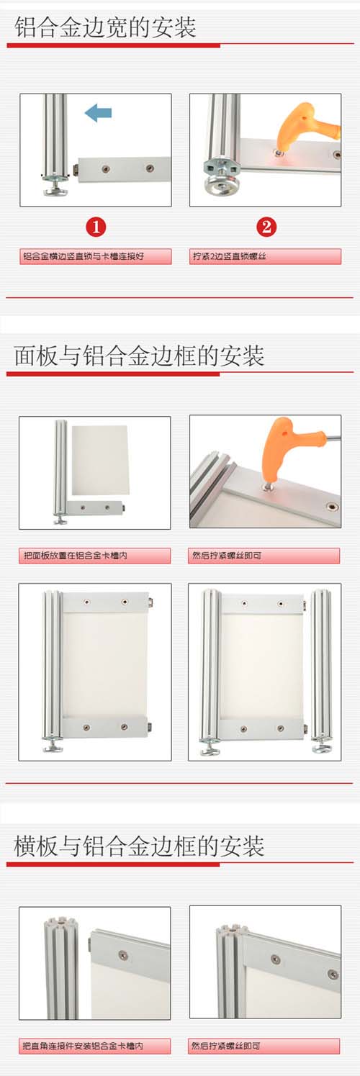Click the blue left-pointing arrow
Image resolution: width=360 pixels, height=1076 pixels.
click(x=98, y=112)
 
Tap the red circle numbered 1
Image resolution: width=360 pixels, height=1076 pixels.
click(x=96, y=227)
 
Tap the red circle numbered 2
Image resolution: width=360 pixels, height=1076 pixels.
click(x=266, y=227)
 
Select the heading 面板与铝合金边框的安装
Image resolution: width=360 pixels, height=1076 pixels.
click(x=140, y=356)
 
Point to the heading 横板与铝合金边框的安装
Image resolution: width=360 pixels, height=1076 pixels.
click(x=140, y=846)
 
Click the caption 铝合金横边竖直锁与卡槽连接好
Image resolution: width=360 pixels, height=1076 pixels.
click(x=95, y=256)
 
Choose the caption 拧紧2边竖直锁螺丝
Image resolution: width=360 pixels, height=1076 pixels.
click(x=265, y=256)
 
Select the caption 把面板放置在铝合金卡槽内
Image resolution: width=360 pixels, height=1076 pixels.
click(x=95, y=556)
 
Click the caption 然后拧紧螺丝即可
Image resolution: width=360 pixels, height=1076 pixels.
click(x=265, y=556)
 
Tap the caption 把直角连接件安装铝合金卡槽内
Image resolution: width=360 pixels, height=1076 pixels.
click(x=95, y=1046)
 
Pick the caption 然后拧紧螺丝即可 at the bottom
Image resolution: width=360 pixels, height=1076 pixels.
click(x=265, y=1046)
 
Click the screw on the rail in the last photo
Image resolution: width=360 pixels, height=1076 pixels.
click(x=275, y=959)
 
